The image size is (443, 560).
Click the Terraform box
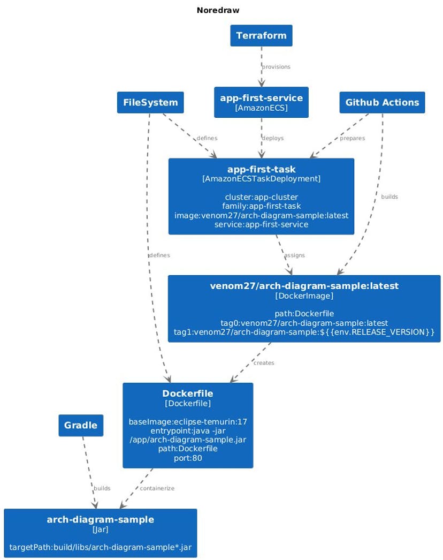pyautogui.click(x=261, y=36)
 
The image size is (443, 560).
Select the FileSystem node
pyautogui.click(x=150, y=102)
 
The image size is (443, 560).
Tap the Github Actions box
pyautogui.click(x=382, y=102)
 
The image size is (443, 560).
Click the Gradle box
pyautogui.click(x=81, y=426)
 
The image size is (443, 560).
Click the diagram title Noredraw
pyautogui.click(x=218, y=10)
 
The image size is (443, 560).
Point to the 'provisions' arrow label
pyautogui.click(x=276, y=67)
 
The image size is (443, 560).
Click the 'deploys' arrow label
pyautogui.click(x=273, y=138)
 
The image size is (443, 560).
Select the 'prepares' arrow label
pyautogui.click(x=352, y=138)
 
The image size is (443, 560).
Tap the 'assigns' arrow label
pyautogui.click(x=294, y=255)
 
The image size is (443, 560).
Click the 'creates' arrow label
pyautogui.click(x=264, y=363)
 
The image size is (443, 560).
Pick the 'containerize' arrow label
pyautogui.click(x=157, y=488)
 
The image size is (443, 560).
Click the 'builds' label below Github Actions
pyautogui.click(x=389, y=197)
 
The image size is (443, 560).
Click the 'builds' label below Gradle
pyautogui.click(x=102, y=488)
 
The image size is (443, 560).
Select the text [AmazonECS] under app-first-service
pyautogui.click(x=261, y=108)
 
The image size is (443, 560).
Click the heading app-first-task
pyautogui.click(x=261, y=170)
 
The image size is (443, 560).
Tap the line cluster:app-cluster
pyautogui.click(x=261, y=197)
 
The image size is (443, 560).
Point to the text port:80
pyautogui.click(x=188, y=458)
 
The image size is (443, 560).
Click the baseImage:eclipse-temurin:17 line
pyautogui.click(x=188, y=422)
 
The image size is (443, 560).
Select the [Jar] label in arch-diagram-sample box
pyautogui.click(x=100, y=529)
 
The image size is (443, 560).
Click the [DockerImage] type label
pyautogui.click(x=304, y=296)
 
